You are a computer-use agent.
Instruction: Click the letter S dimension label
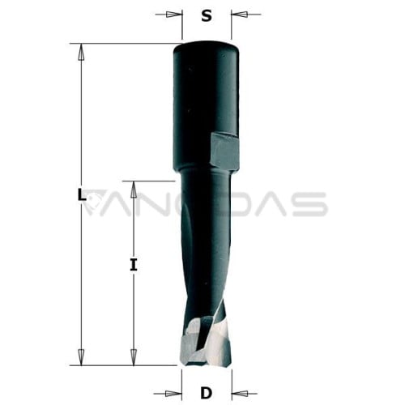click(x=207, y=16)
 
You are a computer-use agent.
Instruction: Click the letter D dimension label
click(x=207, y=393)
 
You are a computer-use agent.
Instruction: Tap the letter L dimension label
click(x=81, y=195)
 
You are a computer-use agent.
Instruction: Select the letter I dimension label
click(x=134, y=265)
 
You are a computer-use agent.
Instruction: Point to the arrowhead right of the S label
click(x=239, y=14)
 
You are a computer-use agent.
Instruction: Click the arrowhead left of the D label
click(x=173, y=394)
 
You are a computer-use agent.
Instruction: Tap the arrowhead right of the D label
click(x=240, y=394)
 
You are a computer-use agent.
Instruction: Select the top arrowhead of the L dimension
click(x=81, y=52)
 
